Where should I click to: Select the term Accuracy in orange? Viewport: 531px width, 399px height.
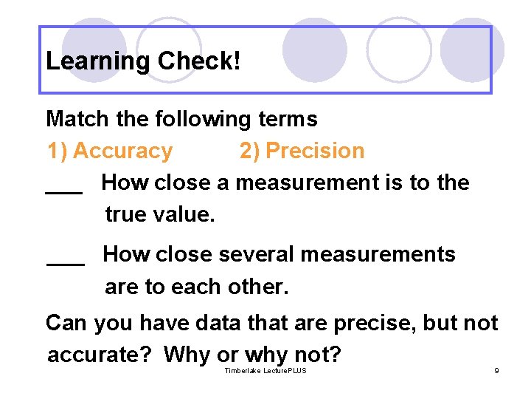click(122, 151)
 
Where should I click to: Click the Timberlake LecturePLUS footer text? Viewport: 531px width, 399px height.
click(265, 370)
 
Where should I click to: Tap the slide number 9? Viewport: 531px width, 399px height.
click(496, 370)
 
